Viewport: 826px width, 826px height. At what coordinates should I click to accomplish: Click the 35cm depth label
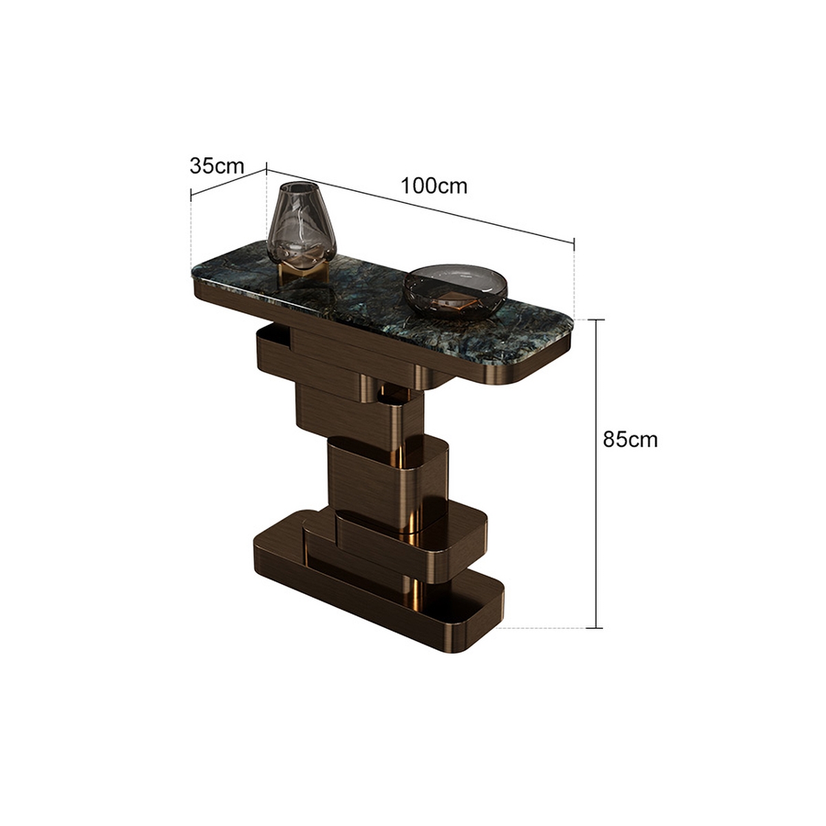tap(217, 166)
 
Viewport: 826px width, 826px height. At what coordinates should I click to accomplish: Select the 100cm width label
tap(434, 185)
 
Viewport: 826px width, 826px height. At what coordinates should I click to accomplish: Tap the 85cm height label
tap(630, 439)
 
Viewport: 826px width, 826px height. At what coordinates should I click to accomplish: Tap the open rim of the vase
tap(297, 187)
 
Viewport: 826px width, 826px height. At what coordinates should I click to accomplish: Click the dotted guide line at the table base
tap(544, 628)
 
